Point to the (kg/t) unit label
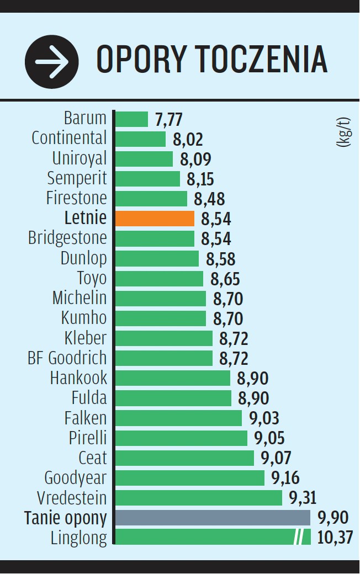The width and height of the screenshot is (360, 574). [x=343, y=131]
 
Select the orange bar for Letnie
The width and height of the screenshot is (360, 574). [x=155, y=219]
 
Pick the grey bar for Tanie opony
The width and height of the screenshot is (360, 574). [x=213, y=518]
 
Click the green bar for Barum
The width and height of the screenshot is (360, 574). [x=132, y=119]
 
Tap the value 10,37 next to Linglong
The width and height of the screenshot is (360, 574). [x=335, y=537]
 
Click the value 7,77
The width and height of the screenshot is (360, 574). [x=168, y=119]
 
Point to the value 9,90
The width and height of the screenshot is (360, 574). [x=333, y=518]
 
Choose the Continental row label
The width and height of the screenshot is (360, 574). [x=69, y=138]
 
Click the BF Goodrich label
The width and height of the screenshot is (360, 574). [x=67, y=358]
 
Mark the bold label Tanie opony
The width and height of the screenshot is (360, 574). [x=66, y=518]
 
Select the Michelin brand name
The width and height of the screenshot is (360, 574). [x=80, y=298]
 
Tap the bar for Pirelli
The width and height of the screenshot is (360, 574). [x=181, y=438]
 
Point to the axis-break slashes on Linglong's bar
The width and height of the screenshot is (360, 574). [x=299, y=537]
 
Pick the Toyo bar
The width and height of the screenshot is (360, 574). [x=159, y=278]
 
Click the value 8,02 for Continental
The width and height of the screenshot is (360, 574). [x=188, y=139]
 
